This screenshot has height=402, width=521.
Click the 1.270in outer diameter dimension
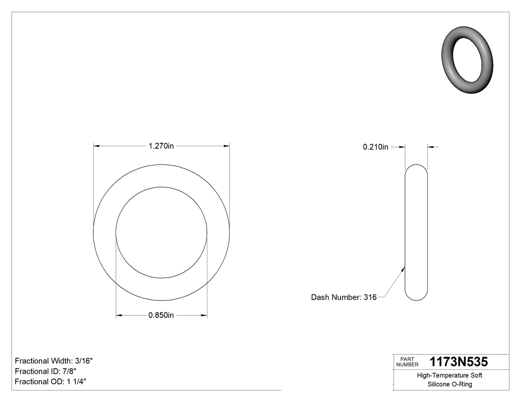click(x=161, y=146)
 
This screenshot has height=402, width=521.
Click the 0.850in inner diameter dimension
click(x=161, y=315)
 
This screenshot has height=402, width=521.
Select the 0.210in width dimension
click(x=376, y=147)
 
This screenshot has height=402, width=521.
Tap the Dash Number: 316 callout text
click(x=343, y=297)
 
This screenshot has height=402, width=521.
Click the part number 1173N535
click(x=458, y=361)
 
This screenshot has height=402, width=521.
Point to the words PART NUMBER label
click(x=407, y=361)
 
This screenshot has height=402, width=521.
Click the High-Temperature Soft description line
click(x=449, y=375)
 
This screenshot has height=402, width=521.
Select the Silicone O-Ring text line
click(x=449, y=384)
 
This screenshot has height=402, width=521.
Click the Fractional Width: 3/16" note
click(x=54, y=361)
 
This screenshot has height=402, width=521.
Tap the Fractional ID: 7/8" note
click(x=46, y=371)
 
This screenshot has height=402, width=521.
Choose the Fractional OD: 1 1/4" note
click(x=52, y=382)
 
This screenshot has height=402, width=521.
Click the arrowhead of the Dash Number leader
click(x=404, y=268)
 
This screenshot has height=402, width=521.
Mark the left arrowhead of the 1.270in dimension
click(x=97, y=146)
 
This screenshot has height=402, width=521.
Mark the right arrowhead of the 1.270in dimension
click(x=226, y=146)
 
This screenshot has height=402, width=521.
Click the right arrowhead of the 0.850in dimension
click(x=204, y=315)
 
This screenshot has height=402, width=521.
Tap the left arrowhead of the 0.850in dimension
click(x=119, y=315)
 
